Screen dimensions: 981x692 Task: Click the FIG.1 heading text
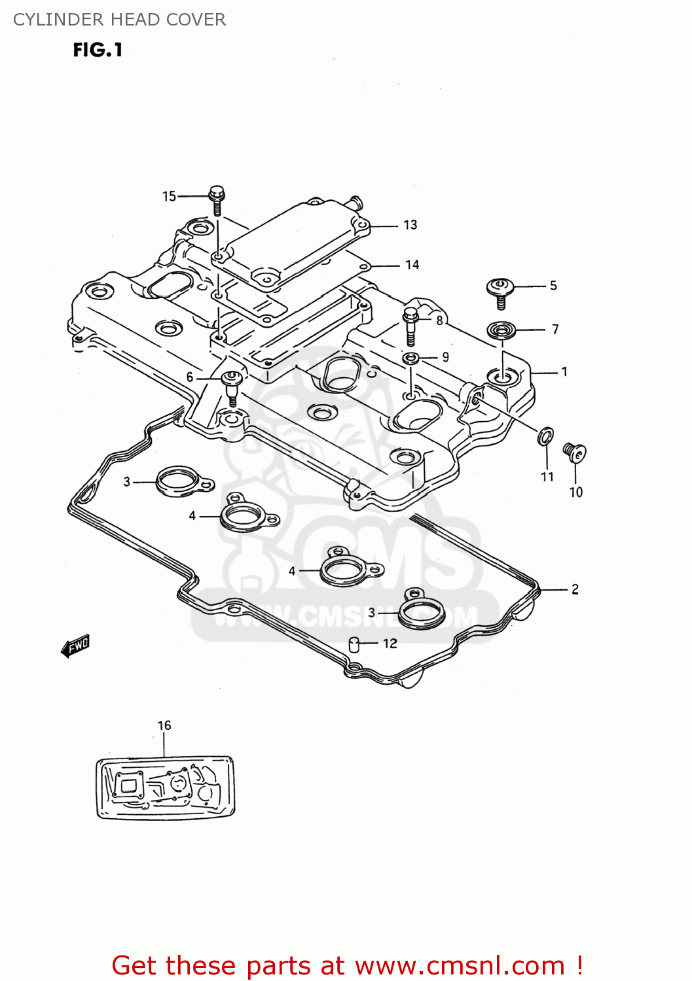coord(98,50)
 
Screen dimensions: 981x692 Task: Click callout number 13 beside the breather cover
coord(410,225)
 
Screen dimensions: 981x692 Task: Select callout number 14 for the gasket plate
coord(412,265)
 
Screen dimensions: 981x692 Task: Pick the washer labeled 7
coord(501,330)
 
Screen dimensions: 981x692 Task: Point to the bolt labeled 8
coord(410,325)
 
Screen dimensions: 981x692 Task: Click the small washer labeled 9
coord(410,358)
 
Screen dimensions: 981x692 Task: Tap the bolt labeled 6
coord(232,387)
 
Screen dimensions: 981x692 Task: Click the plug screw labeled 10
coord(574,452)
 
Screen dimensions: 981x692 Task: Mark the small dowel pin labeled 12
coord(355,644)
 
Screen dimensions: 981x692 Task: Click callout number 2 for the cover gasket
coord(575,589)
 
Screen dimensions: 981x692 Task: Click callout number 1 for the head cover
coord(564,372)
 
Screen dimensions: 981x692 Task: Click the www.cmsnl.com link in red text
coord(460,965)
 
